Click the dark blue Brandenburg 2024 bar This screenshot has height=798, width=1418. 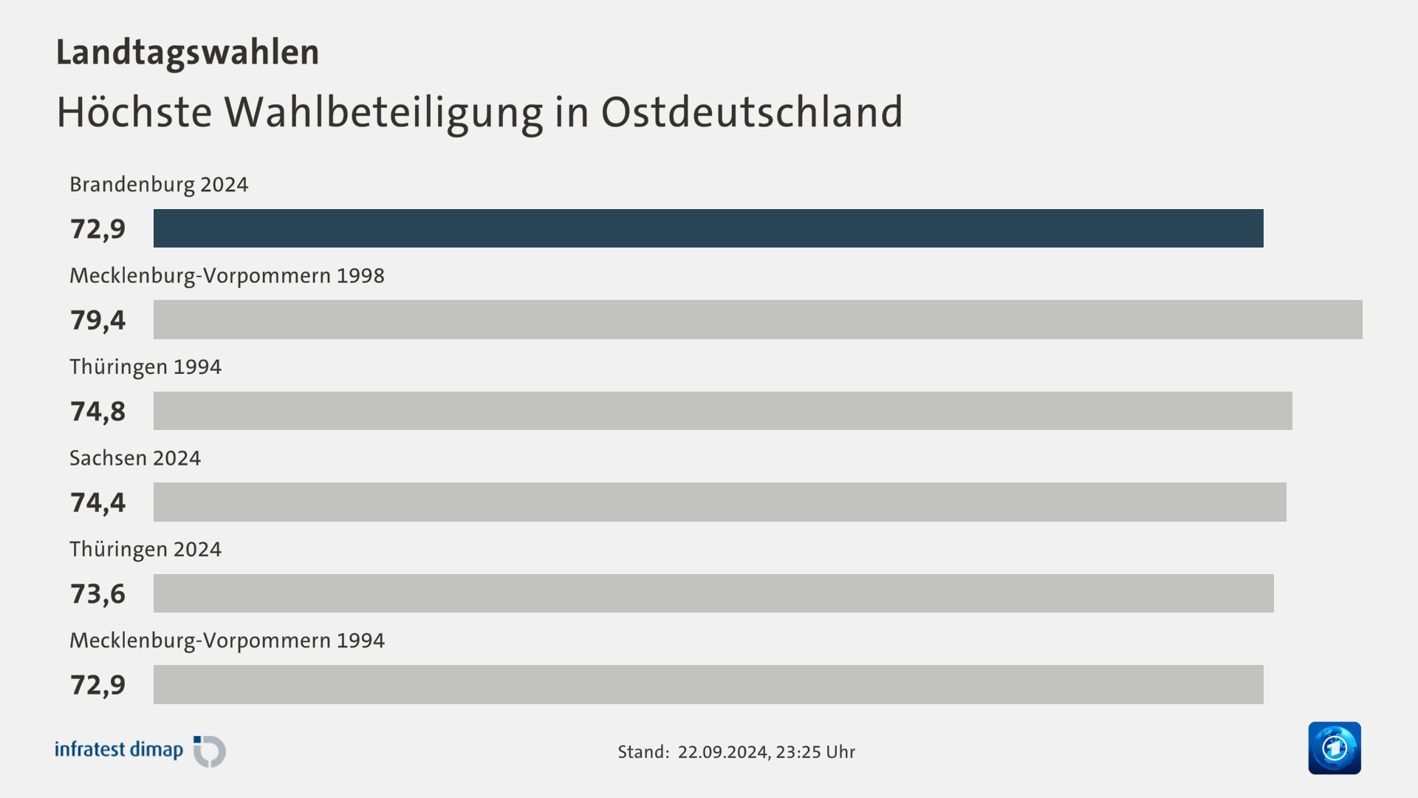click(x=708, y=228)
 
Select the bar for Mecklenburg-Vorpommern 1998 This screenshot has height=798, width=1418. click(x=758, y=319)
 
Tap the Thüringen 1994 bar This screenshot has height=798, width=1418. click(x=722, y=411)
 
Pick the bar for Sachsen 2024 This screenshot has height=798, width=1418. click(x=719, y=502)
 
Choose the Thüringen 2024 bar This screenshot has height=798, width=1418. click(x=713, y=593)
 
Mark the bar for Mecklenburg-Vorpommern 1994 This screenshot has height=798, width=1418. click(x=708, y=684)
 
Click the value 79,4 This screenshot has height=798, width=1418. click(x=98, y=320)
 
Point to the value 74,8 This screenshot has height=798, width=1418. click(x=98, y=412)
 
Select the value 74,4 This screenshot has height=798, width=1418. click(x=98, y=502)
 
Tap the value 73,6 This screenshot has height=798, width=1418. click(x=98, y=594)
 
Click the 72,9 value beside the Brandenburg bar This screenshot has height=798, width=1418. click(x=98, y=229)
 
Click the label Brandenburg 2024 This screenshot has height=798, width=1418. click(x=159, y=184)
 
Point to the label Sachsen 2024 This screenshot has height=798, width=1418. click(x=135, y=458)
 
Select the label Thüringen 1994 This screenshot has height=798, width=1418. click(x=145, y=366)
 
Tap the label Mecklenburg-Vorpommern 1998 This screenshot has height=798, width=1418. click(x=227, y=276)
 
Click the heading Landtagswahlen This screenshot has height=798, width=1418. click(x=188, y=52)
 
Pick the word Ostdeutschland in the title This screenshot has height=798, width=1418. click(x=752, y=112)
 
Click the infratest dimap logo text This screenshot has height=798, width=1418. click(x=119, y=750)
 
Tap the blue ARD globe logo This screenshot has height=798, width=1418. click(x=1334, y=748)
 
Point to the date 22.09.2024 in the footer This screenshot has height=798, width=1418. click(x=723, y=752)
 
